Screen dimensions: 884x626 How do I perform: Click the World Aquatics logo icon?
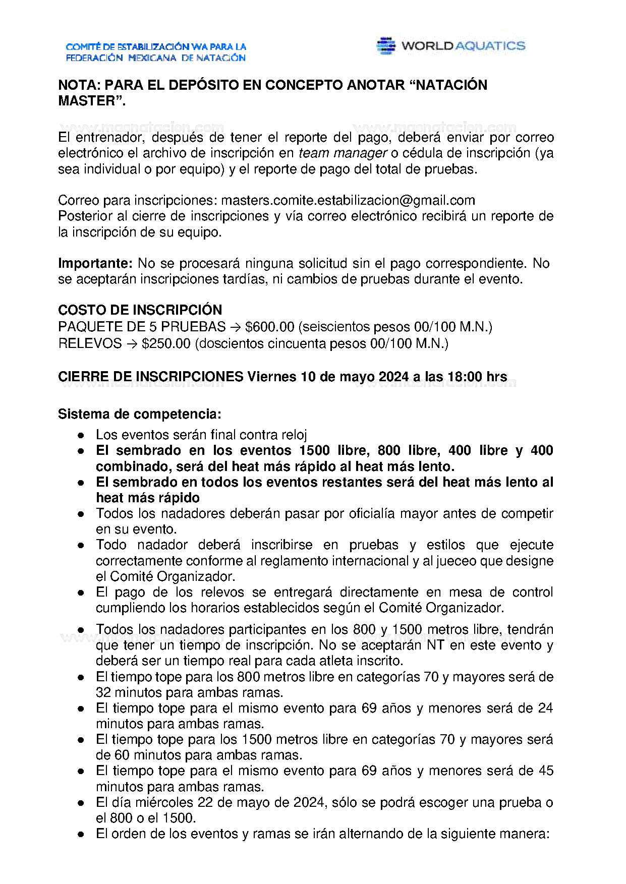386,45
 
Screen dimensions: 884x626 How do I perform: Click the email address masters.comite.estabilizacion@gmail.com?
348,200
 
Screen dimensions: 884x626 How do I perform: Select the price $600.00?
269,327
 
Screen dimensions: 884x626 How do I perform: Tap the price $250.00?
166,343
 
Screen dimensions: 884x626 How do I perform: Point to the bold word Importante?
95,263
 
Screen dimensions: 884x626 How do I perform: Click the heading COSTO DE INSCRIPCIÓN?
140,310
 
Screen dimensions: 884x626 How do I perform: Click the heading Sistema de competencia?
139,414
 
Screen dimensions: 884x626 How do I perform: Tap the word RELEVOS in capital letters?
90,343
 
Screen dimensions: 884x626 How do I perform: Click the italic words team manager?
343,153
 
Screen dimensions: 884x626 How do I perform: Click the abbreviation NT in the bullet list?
435,645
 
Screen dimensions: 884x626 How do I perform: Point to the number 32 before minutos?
103,692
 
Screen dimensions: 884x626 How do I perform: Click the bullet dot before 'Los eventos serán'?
81,435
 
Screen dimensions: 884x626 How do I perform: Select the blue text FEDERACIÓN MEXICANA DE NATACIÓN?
155,58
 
